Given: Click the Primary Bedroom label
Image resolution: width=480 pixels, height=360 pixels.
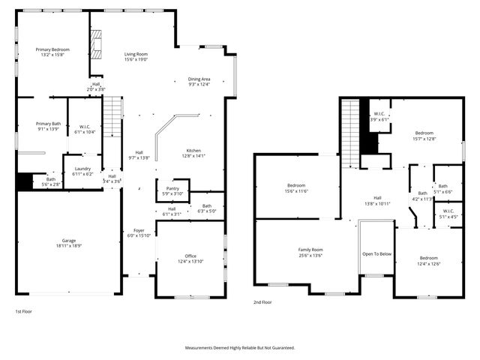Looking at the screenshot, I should (x=52, y=49).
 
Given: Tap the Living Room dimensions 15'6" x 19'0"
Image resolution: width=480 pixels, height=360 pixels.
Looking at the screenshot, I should (x=136, y=60).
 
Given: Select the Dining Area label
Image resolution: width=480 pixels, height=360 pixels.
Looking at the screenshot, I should (x=199, y=79).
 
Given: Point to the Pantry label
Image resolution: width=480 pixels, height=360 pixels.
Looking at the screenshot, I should (x=172, y=189).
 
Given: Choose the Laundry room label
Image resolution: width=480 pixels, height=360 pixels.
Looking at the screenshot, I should (x=82, y=169).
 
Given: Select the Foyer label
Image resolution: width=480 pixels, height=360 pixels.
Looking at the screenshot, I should (x=139, y=230).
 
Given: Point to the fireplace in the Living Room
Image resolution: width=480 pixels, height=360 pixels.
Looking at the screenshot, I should (x=95, y=44).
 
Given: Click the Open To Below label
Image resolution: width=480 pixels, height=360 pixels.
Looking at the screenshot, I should (x=376, y=253).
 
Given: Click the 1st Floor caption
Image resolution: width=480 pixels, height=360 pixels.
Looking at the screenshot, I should (x=24, y=310).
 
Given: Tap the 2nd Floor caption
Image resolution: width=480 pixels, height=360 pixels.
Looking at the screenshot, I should (x=262, y=303).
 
